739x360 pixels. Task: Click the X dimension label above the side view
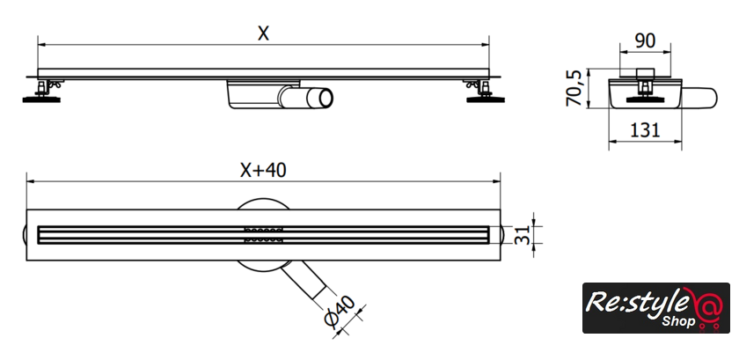click(263, 33)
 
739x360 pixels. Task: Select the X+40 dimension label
click(263, 171)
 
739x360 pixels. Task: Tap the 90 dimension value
click(645, 41)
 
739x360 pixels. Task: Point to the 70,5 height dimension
click(574, 88)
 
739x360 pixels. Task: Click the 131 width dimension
click(645, 129)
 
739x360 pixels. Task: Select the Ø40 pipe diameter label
click(340, 312)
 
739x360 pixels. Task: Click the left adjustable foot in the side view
click(42, 92)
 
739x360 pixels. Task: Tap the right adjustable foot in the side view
click(485, 92)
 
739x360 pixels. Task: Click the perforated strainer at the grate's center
click(263, 235)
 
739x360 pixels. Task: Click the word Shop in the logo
click(678, 321)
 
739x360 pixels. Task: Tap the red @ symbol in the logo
click(704, 305)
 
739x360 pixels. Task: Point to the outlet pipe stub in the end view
click(699, 97)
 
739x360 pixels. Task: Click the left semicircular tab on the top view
click(24, 235)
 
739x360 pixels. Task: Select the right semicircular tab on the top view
click(503, 235)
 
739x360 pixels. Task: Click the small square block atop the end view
click(645, 74)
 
